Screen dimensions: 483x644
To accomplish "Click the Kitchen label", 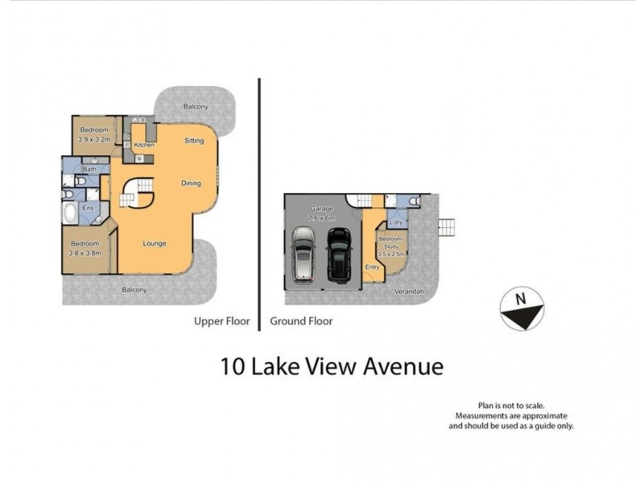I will [x=144, y=145].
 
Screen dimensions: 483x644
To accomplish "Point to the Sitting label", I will [x=194, y=140].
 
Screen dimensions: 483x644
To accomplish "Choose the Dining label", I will [x=191, y=184].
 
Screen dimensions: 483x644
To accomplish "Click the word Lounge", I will [x=155, y=242].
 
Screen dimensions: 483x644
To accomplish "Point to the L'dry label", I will [x=395, y=222].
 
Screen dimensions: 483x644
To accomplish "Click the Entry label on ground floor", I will [x=372, y=267].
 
